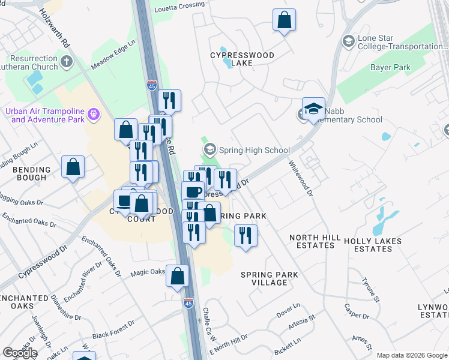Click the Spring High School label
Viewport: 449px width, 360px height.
(255, 150)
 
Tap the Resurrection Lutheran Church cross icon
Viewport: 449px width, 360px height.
(67, 61)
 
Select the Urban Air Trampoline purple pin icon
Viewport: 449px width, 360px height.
(93, 113)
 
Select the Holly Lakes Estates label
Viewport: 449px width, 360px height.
(373, 245)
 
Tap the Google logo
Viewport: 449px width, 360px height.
(20, 353)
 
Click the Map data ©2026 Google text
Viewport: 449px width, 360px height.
(412, 355)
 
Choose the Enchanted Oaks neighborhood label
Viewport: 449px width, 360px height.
(24, 302)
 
